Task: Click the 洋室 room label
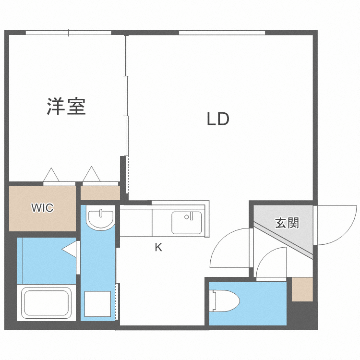tap(66, 107)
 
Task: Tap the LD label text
tap(218, 119)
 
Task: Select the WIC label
tap(42, 208)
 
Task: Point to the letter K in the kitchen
tap(158, 248)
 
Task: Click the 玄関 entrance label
tap(287, 223)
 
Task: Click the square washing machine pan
tap(98, 304)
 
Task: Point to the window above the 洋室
tap(68, 33)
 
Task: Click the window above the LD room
tap(222, 33)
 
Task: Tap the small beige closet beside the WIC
tap(100, 193)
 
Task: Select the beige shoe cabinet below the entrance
tap(302, 289)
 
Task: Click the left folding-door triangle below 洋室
tap(51, 175)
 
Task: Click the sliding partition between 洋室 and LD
tap(127, 96)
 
